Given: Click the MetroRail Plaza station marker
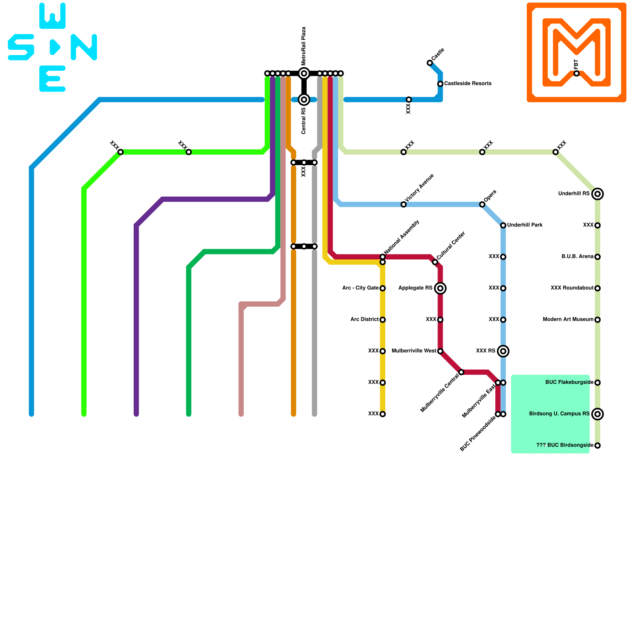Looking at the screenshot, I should pyautogui.click(x=304, y=73).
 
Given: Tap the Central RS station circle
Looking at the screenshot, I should pyautogui.click(x=304, y=99).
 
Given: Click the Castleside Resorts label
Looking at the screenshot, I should pyautogui.click(x=467, y=84).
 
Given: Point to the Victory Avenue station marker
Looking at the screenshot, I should pyautogui.click(x=403, y=204).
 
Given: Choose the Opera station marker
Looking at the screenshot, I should pyautogui.click(x=482, y=204).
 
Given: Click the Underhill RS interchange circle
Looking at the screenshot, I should pyautogui.click(x=598, y=194).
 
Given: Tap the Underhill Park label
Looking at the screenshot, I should pyautogui.click(x=525, y=225).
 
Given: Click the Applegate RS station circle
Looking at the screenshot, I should pyautogui.click(x=440, y=288).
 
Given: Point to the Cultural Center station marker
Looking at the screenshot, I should pyautogui.click(x=435, y=262).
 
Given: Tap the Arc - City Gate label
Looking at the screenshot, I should pyautogui.click(x=360, y=288).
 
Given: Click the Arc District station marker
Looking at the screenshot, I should pyautogui.click(x=383, y=320).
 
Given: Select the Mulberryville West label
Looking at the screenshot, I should pyautogui.click(x=414, y=351).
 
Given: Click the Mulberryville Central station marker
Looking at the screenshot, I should pyautogui.click(x=461, y=372).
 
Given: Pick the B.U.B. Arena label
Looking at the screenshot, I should pyautogui.click(x=577, y=257).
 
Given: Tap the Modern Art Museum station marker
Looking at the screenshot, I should pyautogui.click(x=598, y=320).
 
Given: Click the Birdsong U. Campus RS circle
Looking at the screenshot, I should pyautogui.click(x=598, y=414).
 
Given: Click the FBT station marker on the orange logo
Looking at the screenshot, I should pyautogui.click(x=576, y=74).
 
